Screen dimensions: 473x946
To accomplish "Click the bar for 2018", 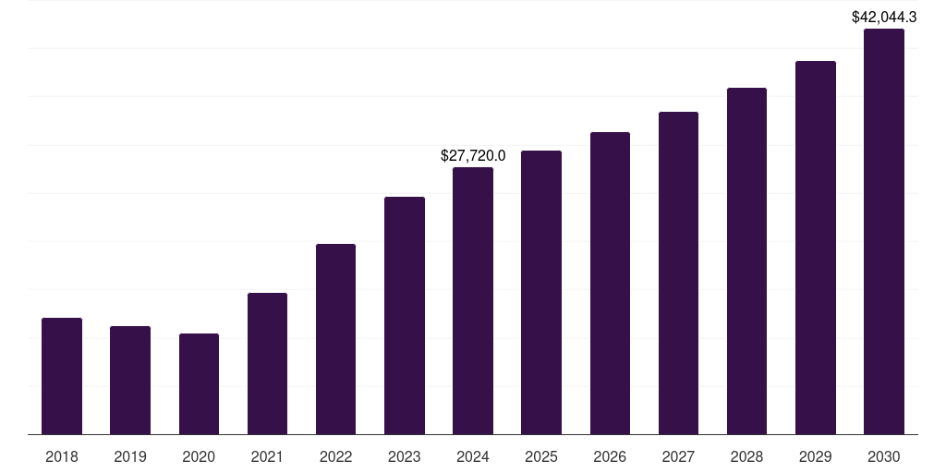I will tap(62, 376).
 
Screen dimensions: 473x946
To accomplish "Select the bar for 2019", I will tap(130, 380).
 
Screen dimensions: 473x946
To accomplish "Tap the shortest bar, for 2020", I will tap(199, 383).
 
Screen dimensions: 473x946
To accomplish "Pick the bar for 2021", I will tap(267, 363).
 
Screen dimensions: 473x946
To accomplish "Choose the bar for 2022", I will tap(335, 339).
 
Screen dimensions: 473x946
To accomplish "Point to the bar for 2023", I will tap(405, 315).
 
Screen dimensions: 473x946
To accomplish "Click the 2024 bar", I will tap(473, 300).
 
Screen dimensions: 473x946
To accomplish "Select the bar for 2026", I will tap(610, 283).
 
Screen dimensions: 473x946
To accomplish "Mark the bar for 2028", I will tap(746, 261).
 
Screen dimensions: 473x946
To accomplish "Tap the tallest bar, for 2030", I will tap(884, 231).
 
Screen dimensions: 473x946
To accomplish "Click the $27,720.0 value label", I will tap(473, 156).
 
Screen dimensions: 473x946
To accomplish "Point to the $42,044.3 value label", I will tap(884, 17).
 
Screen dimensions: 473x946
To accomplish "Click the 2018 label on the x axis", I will tap(62, 456).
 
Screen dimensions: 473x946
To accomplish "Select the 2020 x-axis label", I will tap(199, 456).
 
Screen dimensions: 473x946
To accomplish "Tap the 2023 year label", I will tap(405, 456).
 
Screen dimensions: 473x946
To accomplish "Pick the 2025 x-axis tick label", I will tap(541, 456).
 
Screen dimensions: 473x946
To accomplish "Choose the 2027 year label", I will tap(678, 456).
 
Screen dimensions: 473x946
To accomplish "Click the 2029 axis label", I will tap(816, 456).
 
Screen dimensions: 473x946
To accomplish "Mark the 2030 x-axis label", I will tap(884, 456).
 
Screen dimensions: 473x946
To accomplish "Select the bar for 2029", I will tap(816, 248).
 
